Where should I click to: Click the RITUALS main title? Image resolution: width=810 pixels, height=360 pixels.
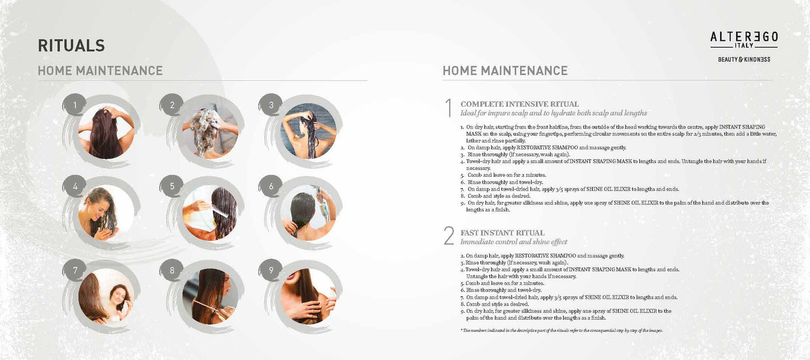pos(71,45)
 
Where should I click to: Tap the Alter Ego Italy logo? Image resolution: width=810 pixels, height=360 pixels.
pos(744,40)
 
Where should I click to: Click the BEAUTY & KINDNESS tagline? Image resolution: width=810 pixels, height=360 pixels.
pos(744,59)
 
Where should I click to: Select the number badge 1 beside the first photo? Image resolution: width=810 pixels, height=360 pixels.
pos(75,105)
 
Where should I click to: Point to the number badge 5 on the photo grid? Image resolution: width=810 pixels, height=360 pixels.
pos(172,186)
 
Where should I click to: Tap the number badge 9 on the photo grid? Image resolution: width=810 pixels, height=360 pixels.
pos(271,270)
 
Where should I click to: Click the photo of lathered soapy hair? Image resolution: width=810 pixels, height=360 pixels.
pos(210,132)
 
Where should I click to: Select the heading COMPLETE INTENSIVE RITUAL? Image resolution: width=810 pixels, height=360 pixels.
pos(519,104)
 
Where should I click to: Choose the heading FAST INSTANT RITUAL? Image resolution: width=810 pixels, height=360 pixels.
pos(502,233)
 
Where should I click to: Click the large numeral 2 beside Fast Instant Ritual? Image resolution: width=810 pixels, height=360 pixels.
pos(449,236)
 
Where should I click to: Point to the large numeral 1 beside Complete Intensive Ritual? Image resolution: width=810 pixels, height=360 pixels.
pos(449,108)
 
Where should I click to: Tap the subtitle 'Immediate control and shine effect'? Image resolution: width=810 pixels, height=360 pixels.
pos(514,242)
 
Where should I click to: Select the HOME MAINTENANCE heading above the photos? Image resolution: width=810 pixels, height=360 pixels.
pos(100,71)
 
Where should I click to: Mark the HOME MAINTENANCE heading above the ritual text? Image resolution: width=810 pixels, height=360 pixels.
pos(505,71)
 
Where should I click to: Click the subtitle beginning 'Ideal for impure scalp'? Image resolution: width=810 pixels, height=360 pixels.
pos(554,113)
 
